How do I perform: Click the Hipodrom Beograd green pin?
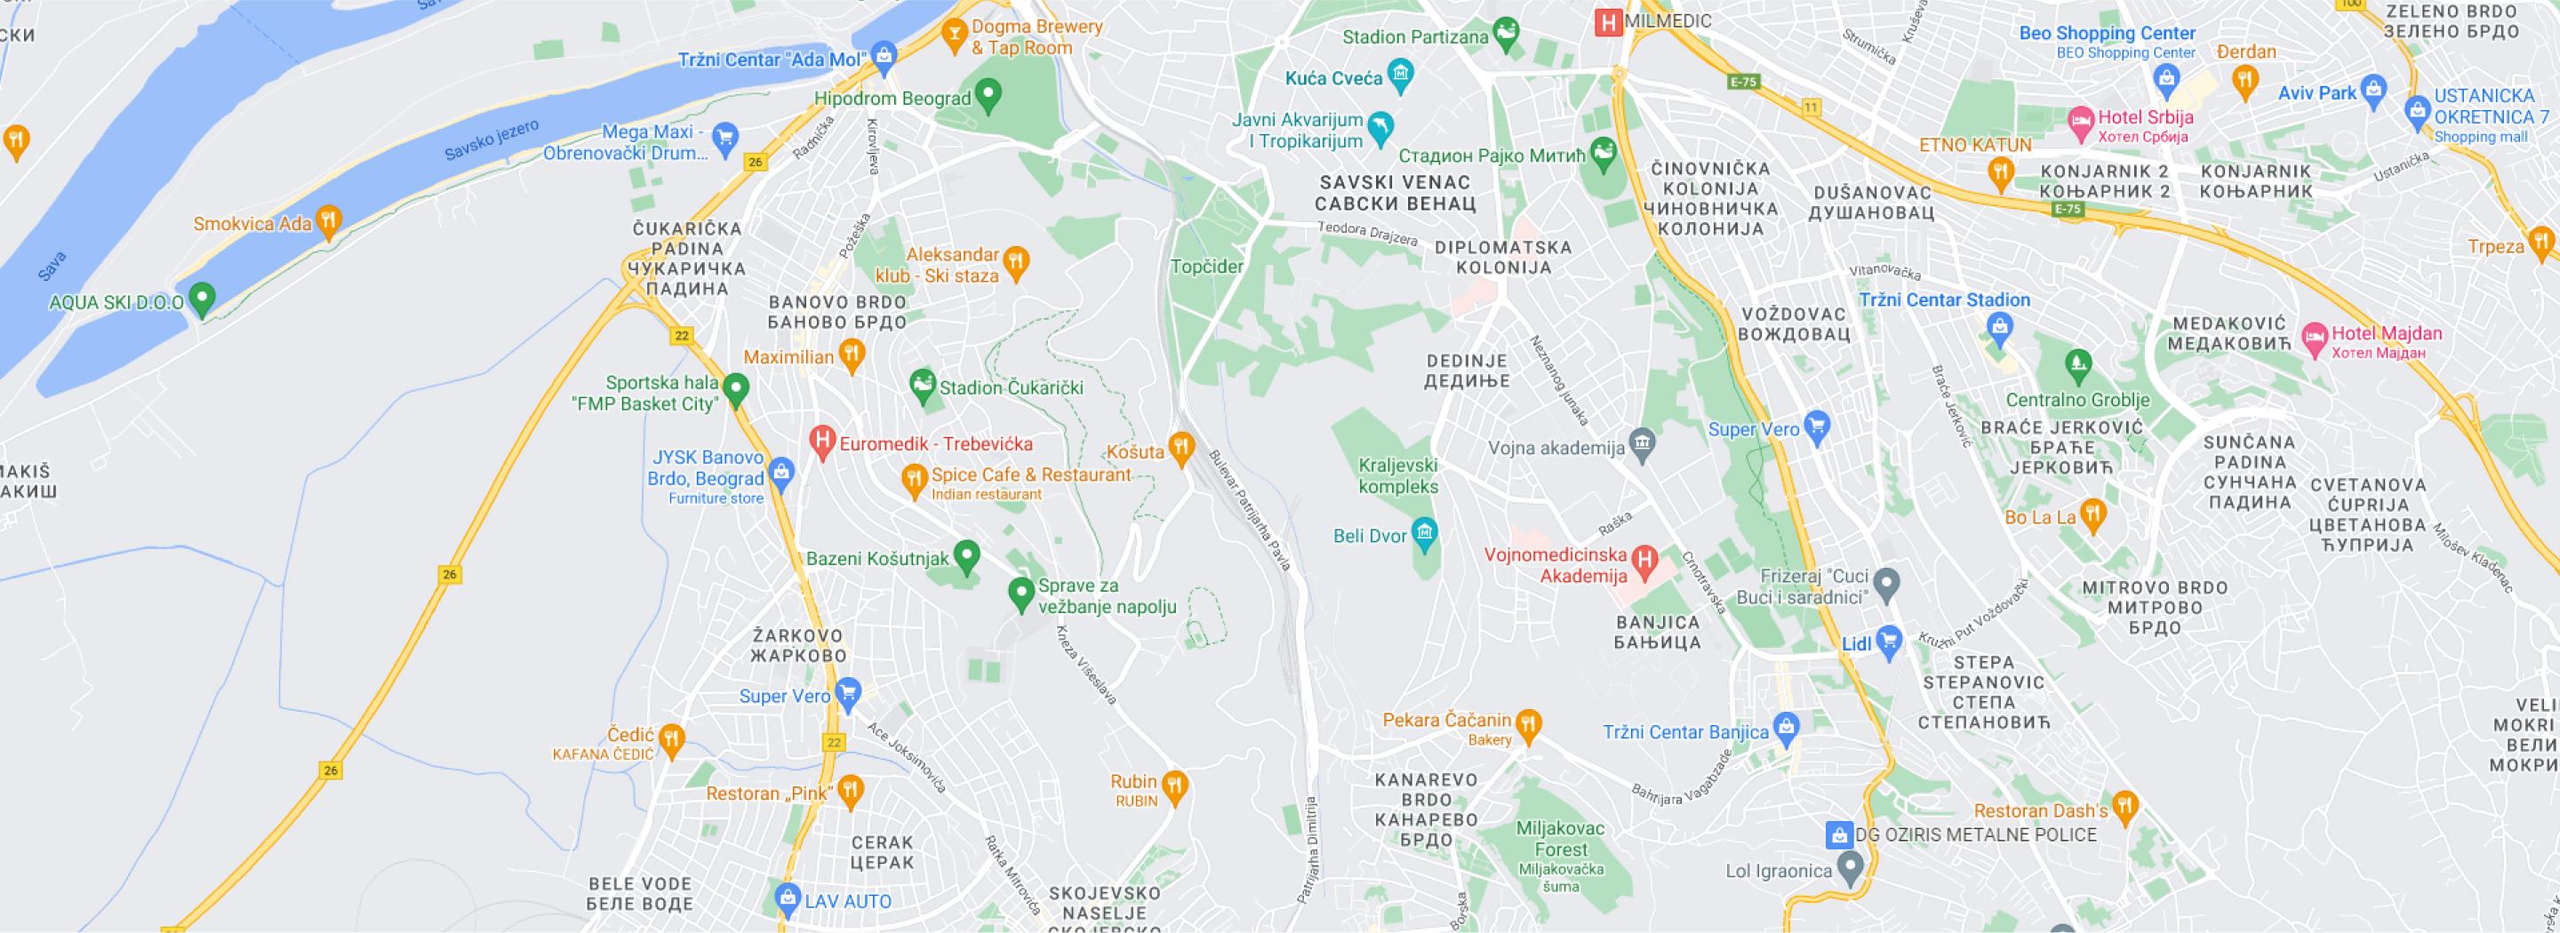988,95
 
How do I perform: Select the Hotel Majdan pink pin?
2315,337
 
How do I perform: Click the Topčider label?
1206,267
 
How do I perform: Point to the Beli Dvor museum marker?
1425,533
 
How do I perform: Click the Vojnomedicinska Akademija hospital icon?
1644,562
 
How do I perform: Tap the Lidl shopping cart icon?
1888,641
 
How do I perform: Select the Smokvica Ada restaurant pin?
328,220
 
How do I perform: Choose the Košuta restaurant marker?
1180,447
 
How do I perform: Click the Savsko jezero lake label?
491,140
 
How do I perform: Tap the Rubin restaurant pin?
1174,786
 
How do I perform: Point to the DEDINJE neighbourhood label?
1467,371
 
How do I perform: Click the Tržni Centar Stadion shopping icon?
1999,326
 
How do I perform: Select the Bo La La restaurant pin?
2093,514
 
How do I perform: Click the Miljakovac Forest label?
1560,839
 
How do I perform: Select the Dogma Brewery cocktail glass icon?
954,35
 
